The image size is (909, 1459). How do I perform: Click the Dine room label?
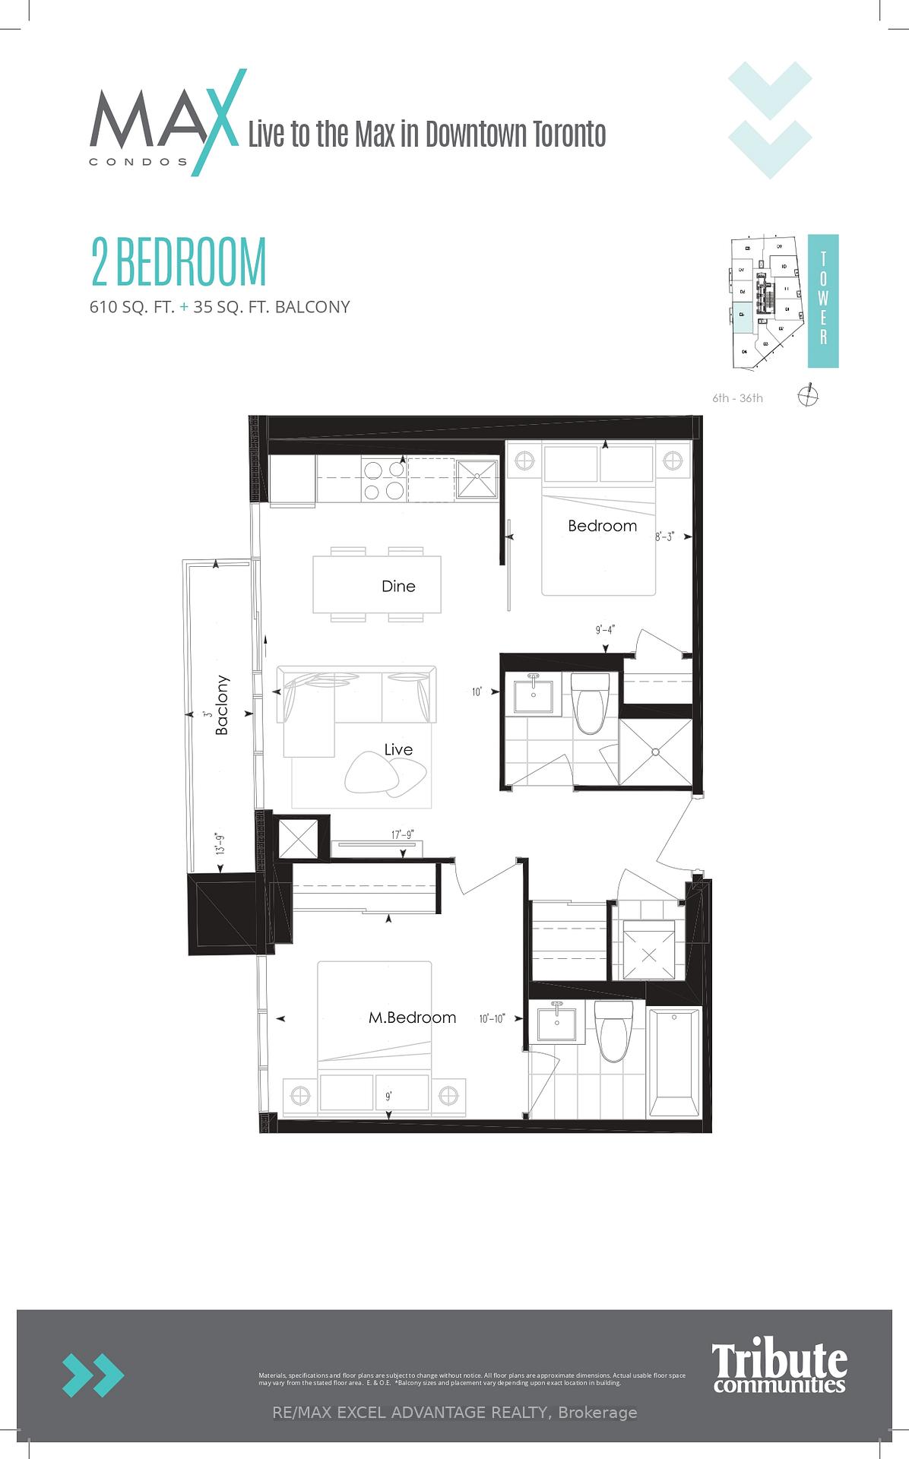coord(398,586)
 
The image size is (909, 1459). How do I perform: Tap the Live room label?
coord(398,749)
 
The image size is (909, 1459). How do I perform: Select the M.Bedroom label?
coord(412,1018)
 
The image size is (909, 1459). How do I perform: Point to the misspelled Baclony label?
coord(222,705)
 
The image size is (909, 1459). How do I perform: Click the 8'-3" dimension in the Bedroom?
coord(665,536)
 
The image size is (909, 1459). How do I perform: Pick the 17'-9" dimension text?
coord(403,834)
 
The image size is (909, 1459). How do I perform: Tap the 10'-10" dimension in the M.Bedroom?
coord(492,1018)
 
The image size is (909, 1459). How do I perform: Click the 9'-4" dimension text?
coord(605,630)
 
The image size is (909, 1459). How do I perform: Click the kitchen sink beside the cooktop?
coord(477,479)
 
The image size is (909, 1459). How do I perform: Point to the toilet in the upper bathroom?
coord(591,704)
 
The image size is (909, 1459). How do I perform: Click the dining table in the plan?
coord(377,585)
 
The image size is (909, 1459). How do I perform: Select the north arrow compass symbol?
coord(809,395)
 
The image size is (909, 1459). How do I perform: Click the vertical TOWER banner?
coord(823,301)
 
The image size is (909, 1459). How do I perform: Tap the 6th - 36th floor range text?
coord(737,398)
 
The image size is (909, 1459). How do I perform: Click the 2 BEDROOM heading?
coord(179,262)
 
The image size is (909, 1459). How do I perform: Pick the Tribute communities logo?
coord(779,1367)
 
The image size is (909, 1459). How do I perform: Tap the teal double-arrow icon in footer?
coord(93,1375)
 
